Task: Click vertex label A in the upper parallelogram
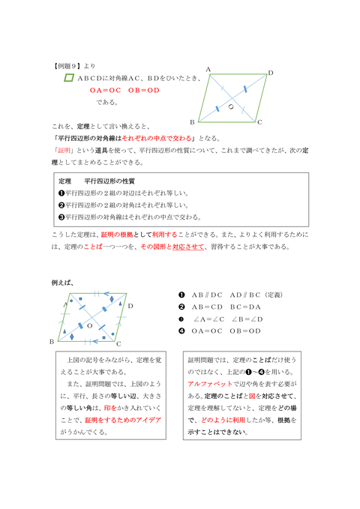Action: pyautogui.click(x=208, y=69)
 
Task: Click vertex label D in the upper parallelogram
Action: pyautogui.click(x=271, y=74)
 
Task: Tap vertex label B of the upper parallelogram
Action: pyautogui.click(x=193, y=121)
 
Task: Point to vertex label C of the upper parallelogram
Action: pyautogui.click(x=259, y=121)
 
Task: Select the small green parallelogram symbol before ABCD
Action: pyautogui.click(x=68, y=77)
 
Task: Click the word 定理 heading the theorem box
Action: pyautogui.click(x=64, y=181)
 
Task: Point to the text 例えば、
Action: pyautogui.click(x=62, y=283)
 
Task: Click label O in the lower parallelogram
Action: pyautogui.click(x=89, y=327)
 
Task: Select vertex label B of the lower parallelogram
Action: pyautogui.click(x=52, y=341)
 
